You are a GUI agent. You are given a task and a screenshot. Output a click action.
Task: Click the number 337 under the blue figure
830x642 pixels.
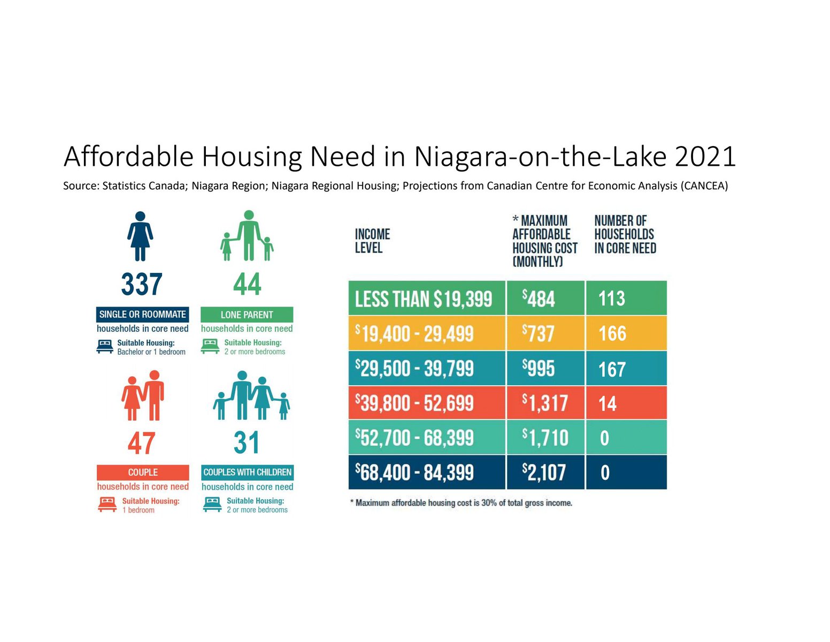(142, 284)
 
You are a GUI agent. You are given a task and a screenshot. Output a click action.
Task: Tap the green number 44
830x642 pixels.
(247, 284)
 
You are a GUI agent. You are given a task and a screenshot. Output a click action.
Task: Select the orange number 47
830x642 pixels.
(142, 444)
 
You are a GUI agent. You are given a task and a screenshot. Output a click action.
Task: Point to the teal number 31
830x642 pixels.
(247, 443)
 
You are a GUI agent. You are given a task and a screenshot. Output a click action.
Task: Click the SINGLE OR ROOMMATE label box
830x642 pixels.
(142, 315)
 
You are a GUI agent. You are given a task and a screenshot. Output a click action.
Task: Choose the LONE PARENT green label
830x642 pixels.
(247, 315)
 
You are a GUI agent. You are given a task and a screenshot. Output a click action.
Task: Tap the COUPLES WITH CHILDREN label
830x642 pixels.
(247, 472)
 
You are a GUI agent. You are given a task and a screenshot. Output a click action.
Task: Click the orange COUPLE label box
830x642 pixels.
(143, 472)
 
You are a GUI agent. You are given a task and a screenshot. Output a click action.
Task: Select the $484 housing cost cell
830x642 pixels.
(545, 299)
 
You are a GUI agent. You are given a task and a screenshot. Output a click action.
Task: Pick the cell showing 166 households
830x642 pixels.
(626, 334)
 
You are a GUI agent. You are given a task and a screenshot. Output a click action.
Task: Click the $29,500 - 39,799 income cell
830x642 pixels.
(426, 369)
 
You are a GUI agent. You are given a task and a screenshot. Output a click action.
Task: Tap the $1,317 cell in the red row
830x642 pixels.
(545, 403)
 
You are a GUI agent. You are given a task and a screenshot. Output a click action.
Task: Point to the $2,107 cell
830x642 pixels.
(545, 472)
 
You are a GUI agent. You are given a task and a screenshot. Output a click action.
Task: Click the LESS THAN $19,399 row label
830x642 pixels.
(426, 299)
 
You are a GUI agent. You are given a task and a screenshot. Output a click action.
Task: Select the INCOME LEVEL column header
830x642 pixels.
(372, 241)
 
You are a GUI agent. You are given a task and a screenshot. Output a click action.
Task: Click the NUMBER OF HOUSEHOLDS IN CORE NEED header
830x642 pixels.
(625, 234)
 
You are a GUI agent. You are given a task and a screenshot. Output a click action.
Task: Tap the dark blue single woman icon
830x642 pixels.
(140, 236)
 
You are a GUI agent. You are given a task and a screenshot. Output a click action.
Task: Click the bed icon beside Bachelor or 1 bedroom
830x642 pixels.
(105, 347)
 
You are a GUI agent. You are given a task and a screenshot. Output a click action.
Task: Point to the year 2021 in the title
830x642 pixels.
(705, 157)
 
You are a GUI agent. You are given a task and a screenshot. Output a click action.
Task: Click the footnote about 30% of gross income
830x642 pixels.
(461, 503)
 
